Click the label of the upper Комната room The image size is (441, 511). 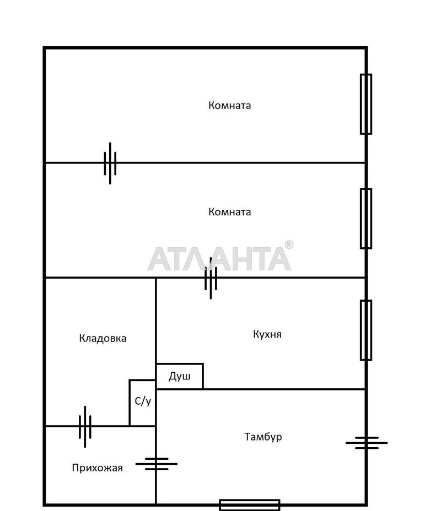click(x=229, y=105)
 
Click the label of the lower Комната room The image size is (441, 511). click(x=229, y=211)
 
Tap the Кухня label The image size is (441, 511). click(x=267, y=334)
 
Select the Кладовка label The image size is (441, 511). click(x=103, y=338)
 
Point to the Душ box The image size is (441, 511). click(x=180, y=377)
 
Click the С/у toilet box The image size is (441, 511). click(x=143, y=402)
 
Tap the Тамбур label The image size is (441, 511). click(x=263, y=437)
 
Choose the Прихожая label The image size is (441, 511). click(x=97, y=468)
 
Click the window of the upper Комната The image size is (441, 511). click(x=365, y=104)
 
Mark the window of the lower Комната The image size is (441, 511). click(x=365, y=219)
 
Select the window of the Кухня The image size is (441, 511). click(x=365, y=330)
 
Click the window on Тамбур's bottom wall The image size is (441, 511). click(x=249, y=504)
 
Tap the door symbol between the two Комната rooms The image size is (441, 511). click(x=110, y=163)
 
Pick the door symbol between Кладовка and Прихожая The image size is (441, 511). click(x=85, y=426)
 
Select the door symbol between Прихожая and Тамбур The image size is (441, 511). click(x=157, y=464)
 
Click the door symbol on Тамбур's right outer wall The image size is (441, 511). click(x=366, y=442)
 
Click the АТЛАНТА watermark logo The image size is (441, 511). click(x=219, y=258)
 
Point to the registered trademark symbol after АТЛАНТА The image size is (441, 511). click(x=289, y=245)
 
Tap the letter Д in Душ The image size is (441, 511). click(x=173, y=377)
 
